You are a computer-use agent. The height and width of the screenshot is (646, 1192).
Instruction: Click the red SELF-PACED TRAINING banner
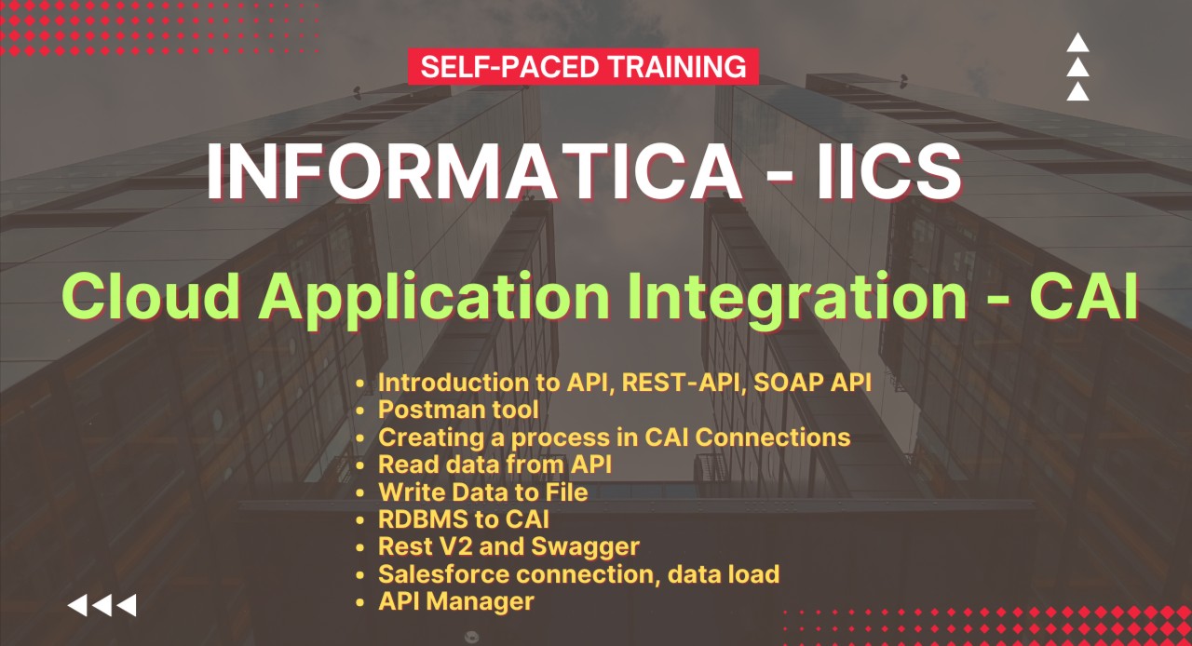point(583,67)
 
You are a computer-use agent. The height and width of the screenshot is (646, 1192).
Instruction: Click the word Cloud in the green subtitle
point(153,297)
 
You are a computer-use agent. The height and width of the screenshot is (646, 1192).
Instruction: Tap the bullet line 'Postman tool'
point(458,410)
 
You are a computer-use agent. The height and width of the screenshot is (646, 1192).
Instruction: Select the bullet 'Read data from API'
point(494,464)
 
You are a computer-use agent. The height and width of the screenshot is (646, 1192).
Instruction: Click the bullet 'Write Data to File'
point(482,491)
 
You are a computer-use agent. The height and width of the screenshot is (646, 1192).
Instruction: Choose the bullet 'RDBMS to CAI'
point(463,518)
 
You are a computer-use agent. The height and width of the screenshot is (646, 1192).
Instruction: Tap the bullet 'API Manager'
point(456,601)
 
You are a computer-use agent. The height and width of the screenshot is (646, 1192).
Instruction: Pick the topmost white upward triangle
point(1077,43)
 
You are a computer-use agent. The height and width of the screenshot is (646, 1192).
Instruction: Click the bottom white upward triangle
point(1077,91)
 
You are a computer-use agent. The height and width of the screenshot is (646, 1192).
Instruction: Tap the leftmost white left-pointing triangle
point(77,606)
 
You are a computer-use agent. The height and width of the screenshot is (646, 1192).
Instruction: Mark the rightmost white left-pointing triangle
point(127,606)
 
